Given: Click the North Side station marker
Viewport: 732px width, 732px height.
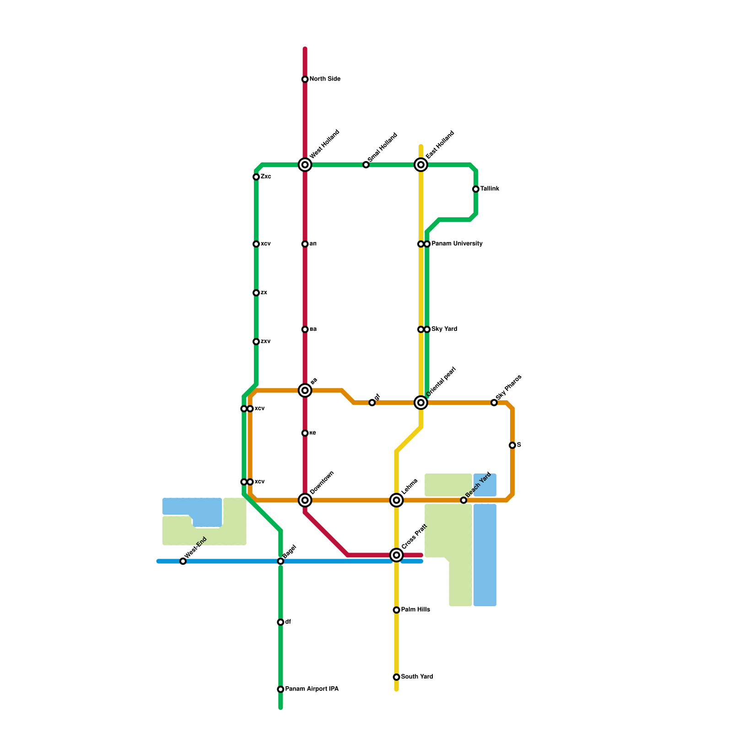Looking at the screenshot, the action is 305,80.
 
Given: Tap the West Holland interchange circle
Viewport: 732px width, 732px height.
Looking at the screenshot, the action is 305,165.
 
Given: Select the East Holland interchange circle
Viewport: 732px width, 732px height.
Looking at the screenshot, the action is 421,165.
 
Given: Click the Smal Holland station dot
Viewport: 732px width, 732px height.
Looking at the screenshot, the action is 366,165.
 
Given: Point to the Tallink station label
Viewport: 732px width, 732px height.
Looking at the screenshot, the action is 490,189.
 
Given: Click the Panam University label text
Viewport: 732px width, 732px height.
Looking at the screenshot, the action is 457,244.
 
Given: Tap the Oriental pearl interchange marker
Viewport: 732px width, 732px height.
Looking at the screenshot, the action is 421,403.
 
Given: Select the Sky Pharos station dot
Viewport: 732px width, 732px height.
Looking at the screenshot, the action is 494,403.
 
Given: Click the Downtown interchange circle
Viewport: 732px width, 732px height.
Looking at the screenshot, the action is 305,500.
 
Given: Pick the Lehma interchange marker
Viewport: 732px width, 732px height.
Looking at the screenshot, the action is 397,500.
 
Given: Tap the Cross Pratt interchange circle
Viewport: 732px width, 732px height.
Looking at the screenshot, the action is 397,555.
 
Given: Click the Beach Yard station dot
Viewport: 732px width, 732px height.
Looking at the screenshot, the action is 463,500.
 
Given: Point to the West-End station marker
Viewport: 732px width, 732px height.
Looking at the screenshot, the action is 183,561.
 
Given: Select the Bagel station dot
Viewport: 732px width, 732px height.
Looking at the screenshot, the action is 280,561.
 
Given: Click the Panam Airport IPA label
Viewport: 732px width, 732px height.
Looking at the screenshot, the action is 312,689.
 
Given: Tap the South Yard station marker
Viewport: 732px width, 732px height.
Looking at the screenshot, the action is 397,677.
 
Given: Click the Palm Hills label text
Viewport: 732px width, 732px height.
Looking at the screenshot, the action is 415,610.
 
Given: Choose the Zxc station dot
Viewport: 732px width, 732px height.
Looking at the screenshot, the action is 256,177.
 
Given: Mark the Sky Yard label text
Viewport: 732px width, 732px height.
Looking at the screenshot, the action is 444,329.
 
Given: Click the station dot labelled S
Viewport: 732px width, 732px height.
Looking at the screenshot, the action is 512,445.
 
